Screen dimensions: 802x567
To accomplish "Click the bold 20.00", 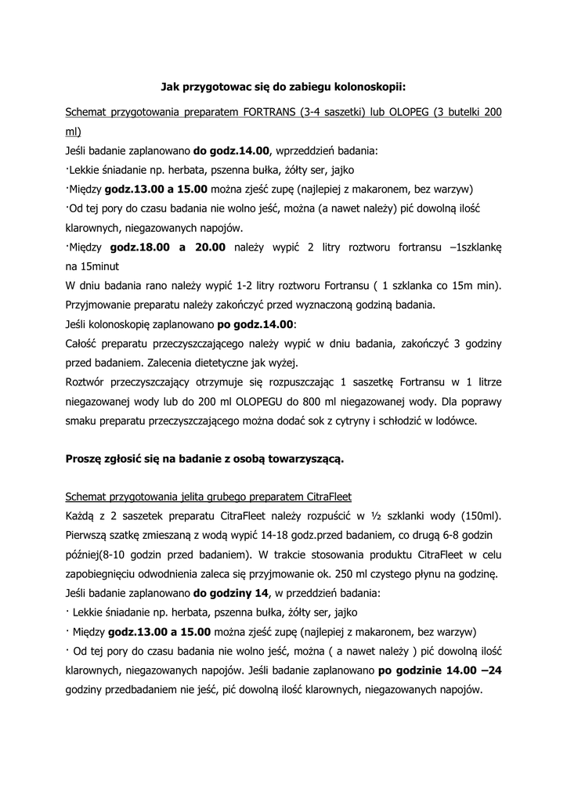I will click(208, 247).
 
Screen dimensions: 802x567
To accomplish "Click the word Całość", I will click(86, 343).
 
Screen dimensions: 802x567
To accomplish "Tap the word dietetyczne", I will click(237, 363).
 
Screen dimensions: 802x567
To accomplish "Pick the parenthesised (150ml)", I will click(479, 516).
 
